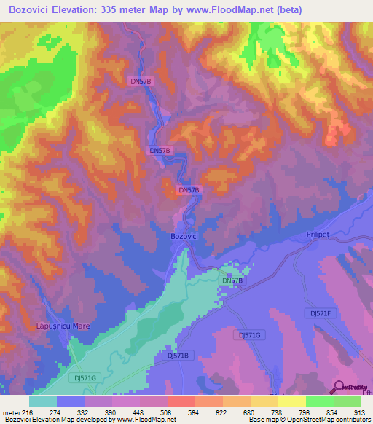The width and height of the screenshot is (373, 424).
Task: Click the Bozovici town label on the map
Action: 185,237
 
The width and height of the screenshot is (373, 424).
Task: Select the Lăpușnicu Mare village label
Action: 63,326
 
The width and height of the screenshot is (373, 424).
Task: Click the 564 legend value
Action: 195,412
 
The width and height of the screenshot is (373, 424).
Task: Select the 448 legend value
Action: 139,412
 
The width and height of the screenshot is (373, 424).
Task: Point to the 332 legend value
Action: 84,412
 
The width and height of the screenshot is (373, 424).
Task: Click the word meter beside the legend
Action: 10,412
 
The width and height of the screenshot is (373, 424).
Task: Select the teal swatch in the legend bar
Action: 43,401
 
